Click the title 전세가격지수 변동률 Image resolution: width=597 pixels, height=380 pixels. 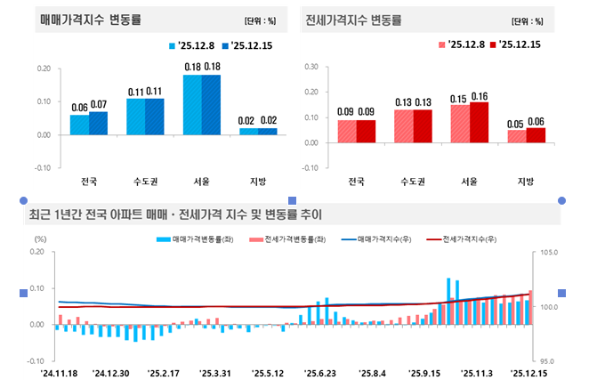(352, 19)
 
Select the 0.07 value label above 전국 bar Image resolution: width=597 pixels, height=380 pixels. (99, 104)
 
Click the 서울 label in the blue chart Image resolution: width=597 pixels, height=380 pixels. (200, 182)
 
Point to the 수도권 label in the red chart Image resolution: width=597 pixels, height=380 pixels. (411, 182)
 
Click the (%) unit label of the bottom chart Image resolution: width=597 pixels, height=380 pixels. (39, 239)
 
